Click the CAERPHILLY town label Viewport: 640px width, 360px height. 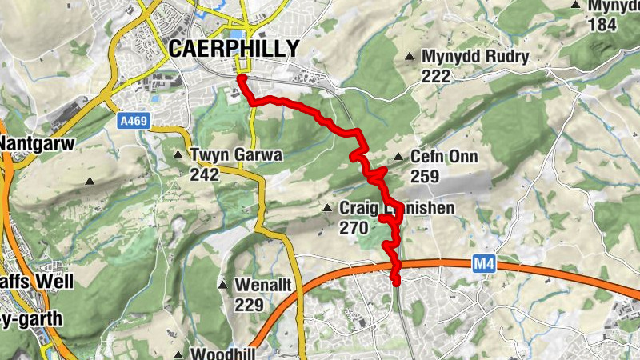(x=234, y=49)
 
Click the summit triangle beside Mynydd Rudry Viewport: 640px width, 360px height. (x=410, y=57)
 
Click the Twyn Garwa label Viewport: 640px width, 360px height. (x=236, y=154)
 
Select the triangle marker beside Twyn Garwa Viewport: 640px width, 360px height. (x=178, y=154)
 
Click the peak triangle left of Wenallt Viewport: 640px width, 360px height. (x=222, y=285)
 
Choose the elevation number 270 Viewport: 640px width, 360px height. (x=353, y=228)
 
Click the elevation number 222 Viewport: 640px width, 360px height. (x=435, y=76)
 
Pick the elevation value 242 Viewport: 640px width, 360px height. (x=204, y=174)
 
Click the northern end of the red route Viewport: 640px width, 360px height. (x=241, y=79)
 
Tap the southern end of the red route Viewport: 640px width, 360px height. (x=396, y=281)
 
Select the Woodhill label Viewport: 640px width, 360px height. (x=224, y=354)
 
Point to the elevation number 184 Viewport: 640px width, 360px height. (x=602, y=24)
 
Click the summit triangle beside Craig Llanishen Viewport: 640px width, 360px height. (x=326, y=209)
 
